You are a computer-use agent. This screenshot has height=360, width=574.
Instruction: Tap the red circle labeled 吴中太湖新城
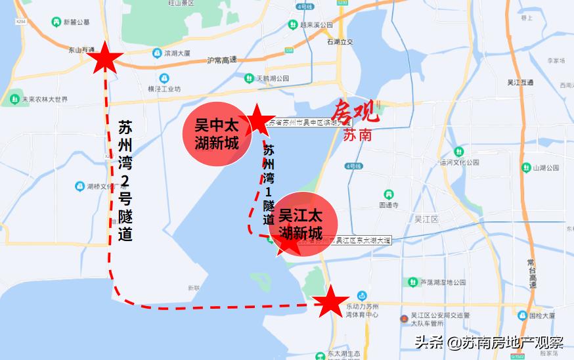pos(216,134)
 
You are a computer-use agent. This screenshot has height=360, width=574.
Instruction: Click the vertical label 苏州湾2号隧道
pos(126,180)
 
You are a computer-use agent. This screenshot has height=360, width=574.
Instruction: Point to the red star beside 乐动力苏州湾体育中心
pos(330,302)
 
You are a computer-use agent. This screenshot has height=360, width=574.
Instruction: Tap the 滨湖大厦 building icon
pos(157,53)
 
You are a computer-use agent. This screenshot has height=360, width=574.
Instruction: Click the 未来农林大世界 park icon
pos(14,100)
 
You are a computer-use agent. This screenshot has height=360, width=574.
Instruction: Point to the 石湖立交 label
pos(340,41)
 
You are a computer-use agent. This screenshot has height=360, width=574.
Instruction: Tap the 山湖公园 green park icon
pos(525,168)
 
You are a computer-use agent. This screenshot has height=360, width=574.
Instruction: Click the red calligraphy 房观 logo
pos(355,112)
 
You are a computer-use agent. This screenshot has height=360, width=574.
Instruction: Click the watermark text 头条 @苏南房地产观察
pos(489,342)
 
